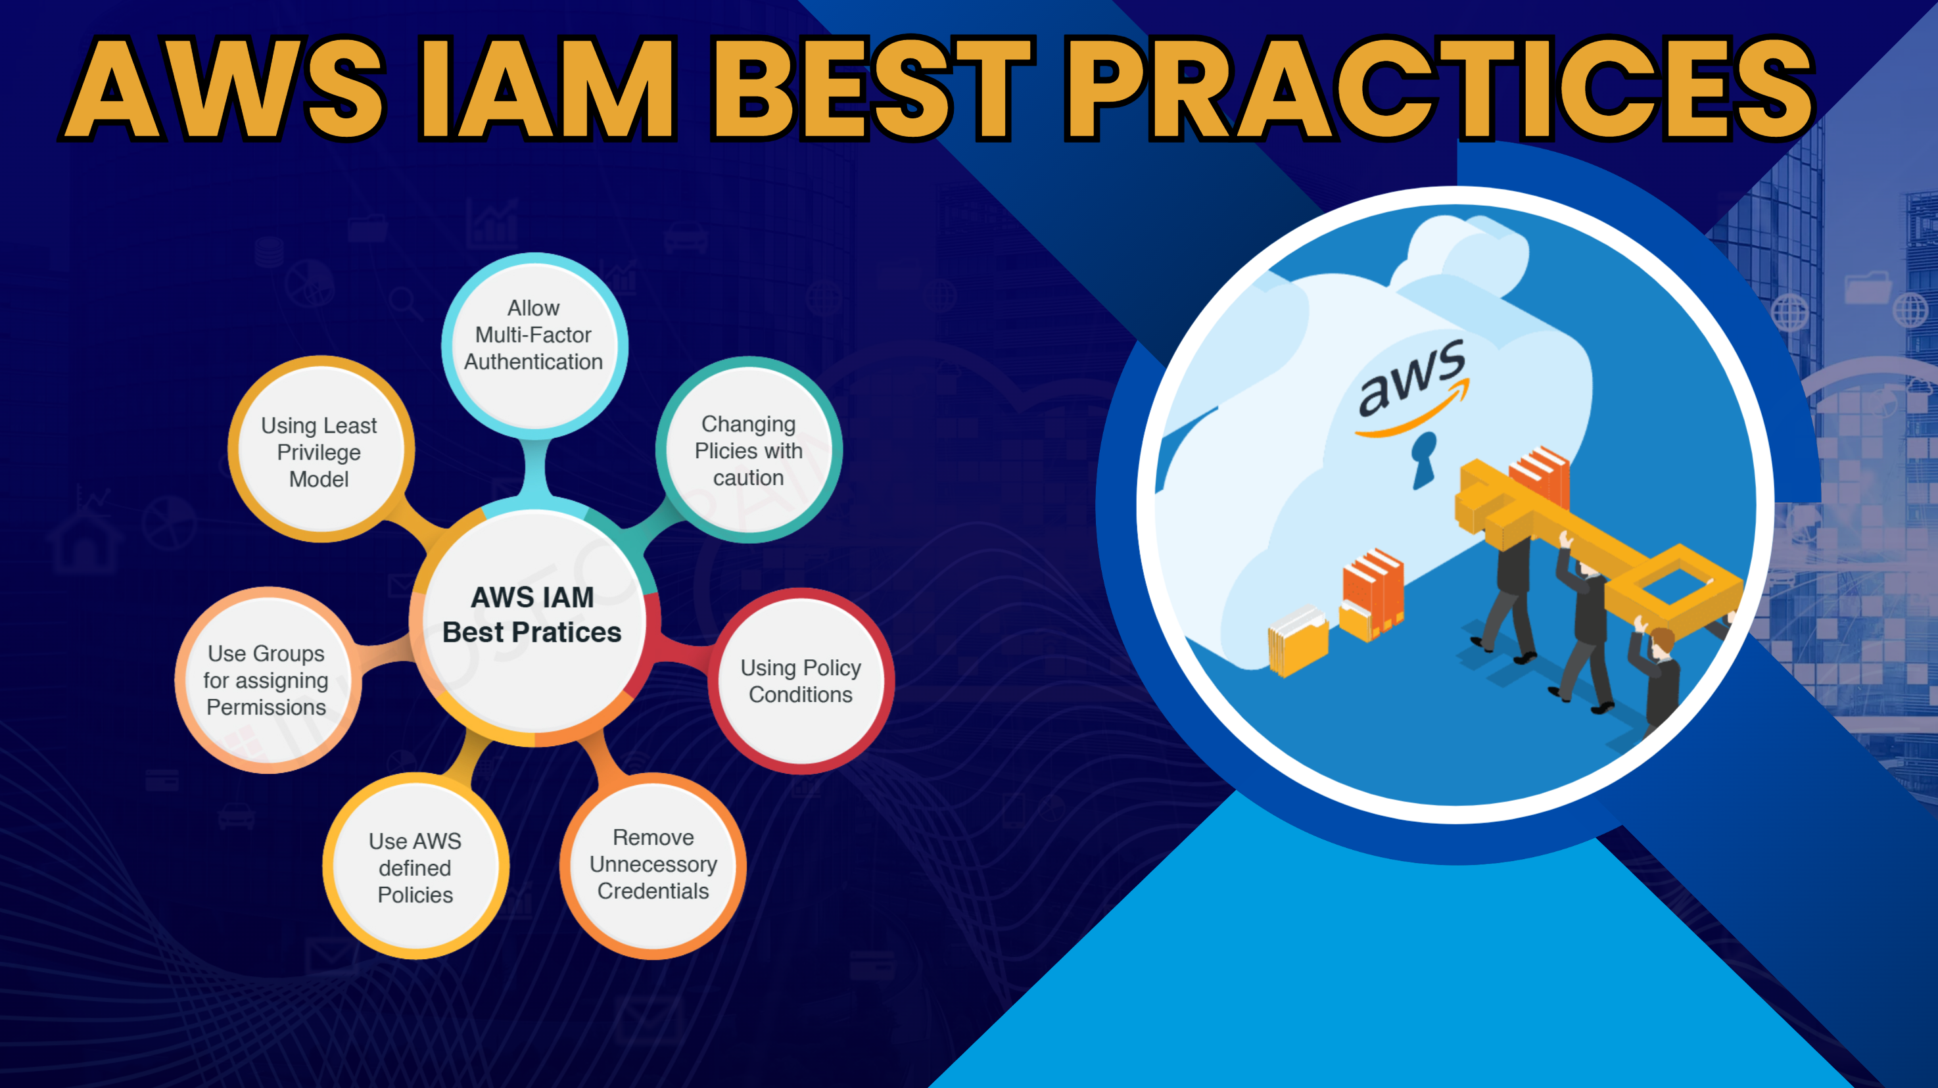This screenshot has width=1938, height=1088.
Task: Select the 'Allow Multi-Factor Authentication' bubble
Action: [534, 346]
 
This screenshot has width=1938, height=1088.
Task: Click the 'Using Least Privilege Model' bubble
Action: [321, 449]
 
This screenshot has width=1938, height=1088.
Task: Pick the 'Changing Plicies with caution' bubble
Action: [749, 450]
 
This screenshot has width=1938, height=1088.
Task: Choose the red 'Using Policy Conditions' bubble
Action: [801, 681]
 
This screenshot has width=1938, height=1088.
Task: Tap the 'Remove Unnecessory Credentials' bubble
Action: [653, 865]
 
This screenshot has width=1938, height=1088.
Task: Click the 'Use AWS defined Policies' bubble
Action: [416, 866]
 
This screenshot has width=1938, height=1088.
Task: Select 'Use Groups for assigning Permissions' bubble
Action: [268, 680]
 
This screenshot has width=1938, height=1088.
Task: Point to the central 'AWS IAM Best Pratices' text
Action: [532, 615]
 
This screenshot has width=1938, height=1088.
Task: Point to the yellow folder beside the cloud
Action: [1298, 640]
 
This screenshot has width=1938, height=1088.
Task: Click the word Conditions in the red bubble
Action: [801, 694]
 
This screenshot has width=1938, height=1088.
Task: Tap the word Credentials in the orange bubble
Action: [653, 891]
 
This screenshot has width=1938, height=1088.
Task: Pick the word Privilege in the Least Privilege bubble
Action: [319, 453]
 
